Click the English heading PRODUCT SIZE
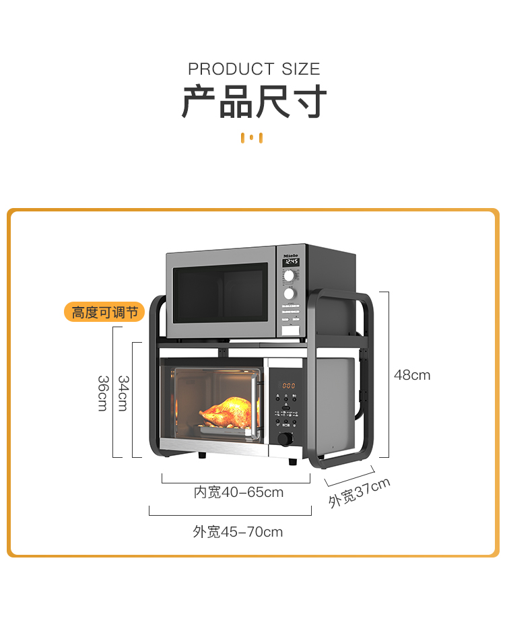[254, 69]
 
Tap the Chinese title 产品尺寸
[254, 103]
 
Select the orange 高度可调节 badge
[104, 312]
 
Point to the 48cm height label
[412, 375]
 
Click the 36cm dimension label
[103, 393]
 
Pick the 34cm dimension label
[124, 393]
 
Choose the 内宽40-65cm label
[238, 492]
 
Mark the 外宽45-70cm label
[238, 532]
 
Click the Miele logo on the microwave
[290, 256]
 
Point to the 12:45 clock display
[291, 263]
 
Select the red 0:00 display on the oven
[288, 385]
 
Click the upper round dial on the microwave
[290, 276]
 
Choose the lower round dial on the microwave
[290, 294]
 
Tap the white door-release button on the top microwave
[290, 329]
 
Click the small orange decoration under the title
[251, 138]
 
